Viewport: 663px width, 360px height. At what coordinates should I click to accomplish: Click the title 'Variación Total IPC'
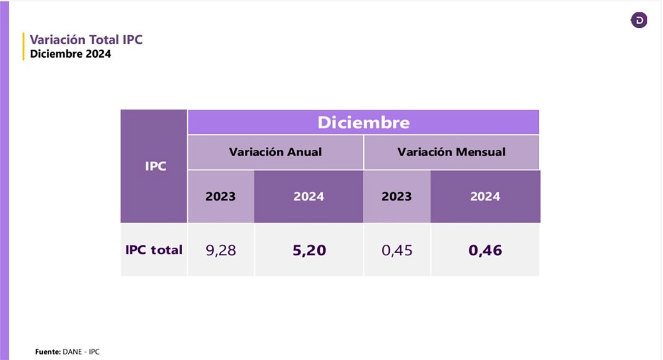(x=86, y=40)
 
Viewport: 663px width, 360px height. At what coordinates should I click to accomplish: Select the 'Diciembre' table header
(x=363, y=122)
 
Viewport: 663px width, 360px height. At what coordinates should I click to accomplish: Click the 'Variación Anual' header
(x=275, y=152)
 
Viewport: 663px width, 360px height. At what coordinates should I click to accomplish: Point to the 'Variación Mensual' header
(x=451, y=152)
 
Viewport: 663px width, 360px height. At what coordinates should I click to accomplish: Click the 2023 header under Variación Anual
(x=221, y=196)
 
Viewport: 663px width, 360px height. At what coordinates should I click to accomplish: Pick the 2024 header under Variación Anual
(x=309, y=196)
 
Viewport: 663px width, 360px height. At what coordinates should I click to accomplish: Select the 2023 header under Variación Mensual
(x=397, y=196)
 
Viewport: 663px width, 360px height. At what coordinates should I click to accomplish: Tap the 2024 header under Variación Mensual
(x=485, y=196)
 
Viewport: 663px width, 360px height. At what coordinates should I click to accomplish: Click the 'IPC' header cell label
(x=156, y=166)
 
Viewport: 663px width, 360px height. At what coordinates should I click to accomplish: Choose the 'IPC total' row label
(x=154, y=250)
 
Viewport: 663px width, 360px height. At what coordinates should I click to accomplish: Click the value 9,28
(x=221, y=250)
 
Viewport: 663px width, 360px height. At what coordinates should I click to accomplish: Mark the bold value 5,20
(x=309, y=250)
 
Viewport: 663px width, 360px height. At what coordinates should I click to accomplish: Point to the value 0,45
(x=397, y=250)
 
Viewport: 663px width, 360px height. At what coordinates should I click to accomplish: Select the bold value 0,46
(x=485, y=250)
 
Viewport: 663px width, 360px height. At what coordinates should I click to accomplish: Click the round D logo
(x=639, y=20)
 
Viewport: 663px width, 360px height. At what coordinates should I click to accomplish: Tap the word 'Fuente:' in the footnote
(x=48, y=351)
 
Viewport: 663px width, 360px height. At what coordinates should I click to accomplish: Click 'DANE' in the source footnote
(x=72, y=351)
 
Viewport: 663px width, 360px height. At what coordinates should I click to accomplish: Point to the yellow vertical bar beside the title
(x=24, y=46)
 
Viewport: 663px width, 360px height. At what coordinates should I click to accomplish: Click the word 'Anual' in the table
(x=304, y=152)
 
